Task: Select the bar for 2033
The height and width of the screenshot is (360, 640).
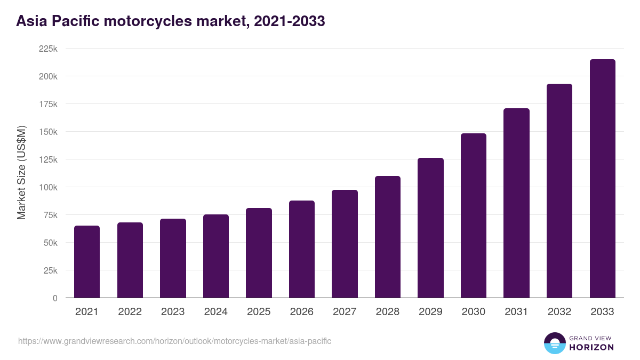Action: (x=602, y=179)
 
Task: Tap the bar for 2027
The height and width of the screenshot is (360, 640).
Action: (x=345, y=244)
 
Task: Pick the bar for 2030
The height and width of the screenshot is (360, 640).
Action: (x=474, y=215)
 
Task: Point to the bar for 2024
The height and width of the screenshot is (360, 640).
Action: (x=216, y=256)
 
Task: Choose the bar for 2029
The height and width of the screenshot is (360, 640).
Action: (x=430, y=228)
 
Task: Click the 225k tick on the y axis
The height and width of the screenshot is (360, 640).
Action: (x=49, y=49)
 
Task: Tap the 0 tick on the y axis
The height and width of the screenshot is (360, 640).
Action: (x=55, y=298)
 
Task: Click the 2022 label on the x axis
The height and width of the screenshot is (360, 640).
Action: (x=130, y=312)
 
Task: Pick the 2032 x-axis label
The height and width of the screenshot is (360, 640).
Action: (x=559, y=312)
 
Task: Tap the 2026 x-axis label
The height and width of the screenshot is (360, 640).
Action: (x=302, y=312)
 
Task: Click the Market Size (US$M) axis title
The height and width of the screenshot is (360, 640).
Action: (x=21, y=173)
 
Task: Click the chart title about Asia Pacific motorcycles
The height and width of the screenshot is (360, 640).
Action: (x=171, y=21)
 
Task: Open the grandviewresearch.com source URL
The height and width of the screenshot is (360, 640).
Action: (x=175, y=341)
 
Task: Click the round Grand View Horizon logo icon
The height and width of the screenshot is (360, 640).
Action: (x=555, y=343)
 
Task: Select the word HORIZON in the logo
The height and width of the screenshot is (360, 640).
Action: (x=591, y=347)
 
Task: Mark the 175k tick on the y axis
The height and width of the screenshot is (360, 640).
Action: (x=49, y=104)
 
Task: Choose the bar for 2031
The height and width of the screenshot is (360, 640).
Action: (x=516, y=203)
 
